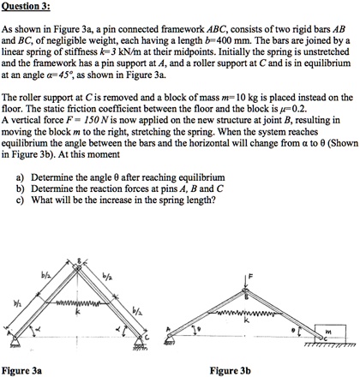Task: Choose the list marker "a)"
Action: pyautogui.click(x=21, y=201)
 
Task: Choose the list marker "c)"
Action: pyautogui.click(x=21, y=225)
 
